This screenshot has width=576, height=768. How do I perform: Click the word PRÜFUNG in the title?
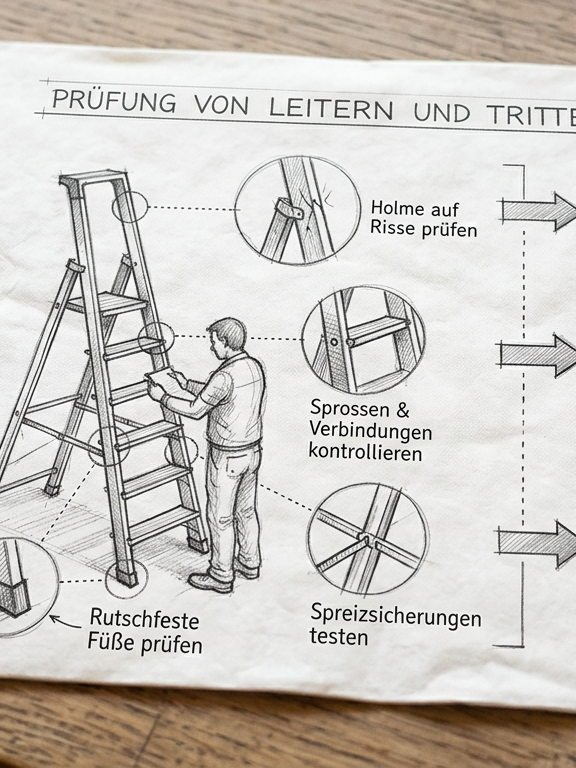[x=114, y=100]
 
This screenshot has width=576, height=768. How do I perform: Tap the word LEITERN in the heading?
[x=331, y=108]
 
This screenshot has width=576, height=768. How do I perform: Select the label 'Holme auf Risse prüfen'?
[x=424, y=219]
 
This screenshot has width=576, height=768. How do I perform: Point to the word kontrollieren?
[x=365, y=452]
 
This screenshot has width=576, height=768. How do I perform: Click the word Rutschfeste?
[x=144, y=619]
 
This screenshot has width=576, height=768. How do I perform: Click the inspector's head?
[x=226, y=336]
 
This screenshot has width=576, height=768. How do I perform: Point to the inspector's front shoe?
[x=210, y=582]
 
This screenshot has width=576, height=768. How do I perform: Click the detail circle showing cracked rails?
[x=297, y=210]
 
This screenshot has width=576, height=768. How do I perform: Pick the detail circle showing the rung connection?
[x=363, y=340]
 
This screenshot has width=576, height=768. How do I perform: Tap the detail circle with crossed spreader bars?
[x=367, y=538]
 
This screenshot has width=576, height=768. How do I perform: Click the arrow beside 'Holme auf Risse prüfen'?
[x=538, y=211]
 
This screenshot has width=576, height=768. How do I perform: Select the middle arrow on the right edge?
[x=537, y=356]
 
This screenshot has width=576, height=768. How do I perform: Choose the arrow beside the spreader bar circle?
[x=536, y=544]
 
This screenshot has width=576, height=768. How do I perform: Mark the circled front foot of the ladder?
[x=126, y=577]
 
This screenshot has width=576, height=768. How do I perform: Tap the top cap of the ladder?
[x=93, y=178]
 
